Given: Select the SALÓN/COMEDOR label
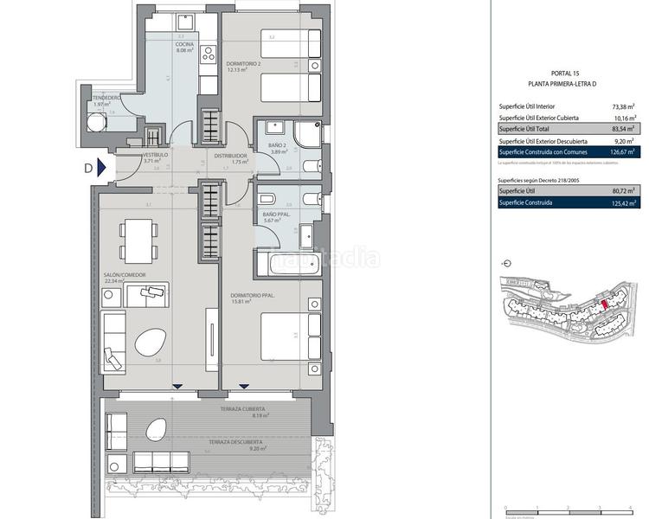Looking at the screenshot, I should [x=125, y=275].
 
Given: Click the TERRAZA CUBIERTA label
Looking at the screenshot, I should [x=242, y=409].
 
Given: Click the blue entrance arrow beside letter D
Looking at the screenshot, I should [x=102, y=169].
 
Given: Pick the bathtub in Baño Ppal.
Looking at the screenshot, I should [x=286, y=260].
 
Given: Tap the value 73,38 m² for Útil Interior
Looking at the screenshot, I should [x=620, y=106].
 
